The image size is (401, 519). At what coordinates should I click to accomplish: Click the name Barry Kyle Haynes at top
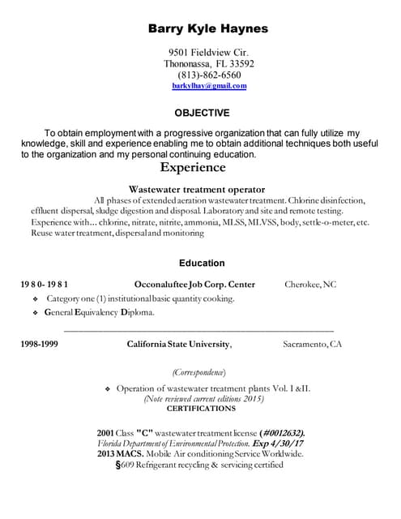(x=207, y=28)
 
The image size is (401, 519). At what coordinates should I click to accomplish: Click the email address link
(x=209, y=85)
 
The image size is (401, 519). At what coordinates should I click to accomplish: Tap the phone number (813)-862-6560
(x=209, y=75)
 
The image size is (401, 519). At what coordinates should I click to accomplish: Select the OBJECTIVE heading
(x=202, y=113)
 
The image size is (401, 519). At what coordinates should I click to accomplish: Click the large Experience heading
(x=193, y=168)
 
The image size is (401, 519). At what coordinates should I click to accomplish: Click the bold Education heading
(x=202, y=263)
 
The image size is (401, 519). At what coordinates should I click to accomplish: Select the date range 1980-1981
(x=44, y=285)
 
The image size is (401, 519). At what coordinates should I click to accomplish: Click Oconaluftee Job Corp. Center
(x=194, y=285)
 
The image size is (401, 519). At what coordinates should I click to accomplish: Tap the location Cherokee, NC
(x=309, y=285)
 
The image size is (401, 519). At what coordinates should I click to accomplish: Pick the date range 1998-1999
(x=39, y=344)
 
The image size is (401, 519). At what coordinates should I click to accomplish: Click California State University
(x=178, y=344)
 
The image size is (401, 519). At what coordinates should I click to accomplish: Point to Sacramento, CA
(x=312, y=344)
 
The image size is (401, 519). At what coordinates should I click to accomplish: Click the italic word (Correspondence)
(x=198, y=372)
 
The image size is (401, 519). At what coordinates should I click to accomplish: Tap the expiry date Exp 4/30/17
(x=278, y=444)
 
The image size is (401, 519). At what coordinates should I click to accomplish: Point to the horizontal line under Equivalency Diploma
(x=198, y=330)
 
